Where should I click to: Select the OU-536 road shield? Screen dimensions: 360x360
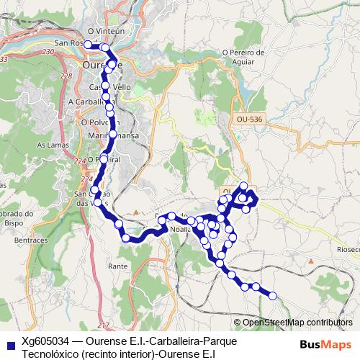coord(246,124)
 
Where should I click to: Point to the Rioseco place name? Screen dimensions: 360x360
coord(347,249)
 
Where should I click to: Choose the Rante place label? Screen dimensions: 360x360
coord(117,266)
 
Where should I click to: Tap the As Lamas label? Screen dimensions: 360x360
coord(50,145)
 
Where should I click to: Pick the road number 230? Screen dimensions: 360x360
coord(48,53)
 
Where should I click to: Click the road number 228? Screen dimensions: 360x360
coord(66,76)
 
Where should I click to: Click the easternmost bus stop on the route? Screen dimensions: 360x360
coord(272,295)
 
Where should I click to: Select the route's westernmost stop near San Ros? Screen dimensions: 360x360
coord(87,45)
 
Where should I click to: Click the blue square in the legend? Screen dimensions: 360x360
coord(7,343)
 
